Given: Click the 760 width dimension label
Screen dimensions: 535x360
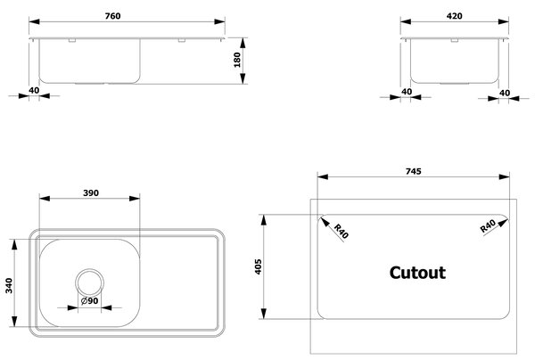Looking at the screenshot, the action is point(112,16).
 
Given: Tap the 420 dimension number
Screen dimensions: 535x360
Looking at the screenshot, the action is point(454,16).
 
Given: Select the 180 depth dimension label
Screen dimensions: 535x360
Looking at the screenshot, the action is point(237,60).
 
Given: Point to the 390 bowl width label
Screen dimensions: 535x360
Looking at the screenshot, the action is point(91,193).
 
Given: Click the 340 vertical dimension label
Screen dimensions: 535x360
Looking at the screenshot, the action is point(9,286).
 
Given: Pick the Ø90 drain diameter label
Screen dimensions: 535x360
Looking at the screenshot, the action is point(90,301).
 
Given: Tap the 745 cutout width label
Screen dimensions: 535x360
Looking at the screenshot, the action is point(413,171).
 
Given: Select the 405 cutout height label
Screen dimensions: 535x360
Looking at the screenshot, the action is point(258,266).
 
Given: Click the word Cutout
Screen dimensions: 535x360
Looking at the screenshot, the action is point(417,273).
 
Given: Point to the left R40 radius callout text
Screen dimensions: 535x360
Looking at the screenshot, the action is point(342,231).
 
